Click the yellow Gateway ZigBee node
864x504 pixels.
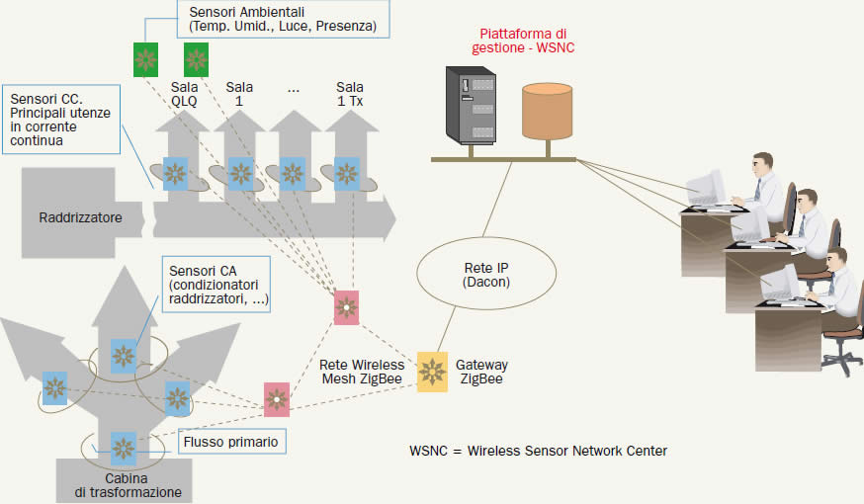[x=433, y=372]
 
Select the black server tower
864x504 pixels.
[x=470, y=107]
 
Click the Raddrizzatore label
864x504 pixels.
[x=81, y=216]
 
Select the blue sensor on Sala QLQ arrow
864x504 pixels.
[x=176, y=174]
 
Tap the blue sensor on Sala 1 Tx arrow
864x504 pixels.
[x=347, y=174]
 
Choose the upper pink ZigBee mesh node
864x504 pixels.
[x=347, y=306]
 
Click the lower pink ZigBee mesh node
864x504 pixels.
[x=277, y=399]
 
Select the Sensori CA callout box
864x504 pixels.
[x=219, y=285]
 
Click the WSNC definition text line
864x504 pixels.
[x=538, y=451]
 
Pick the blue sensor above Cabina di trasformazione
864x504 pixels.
[x=124, y=448]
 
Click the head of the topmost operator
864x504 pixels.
[x=762, y=163]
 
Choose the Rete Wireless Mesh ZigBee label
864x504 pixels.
[x=362, y=372]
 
